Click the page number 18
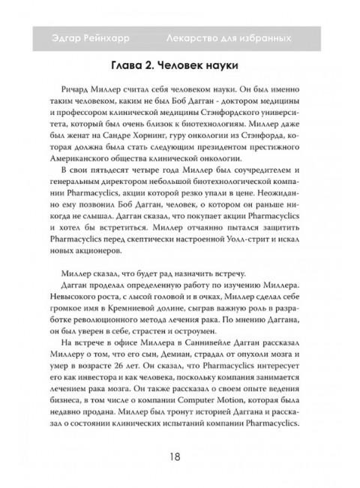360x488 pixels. [180, 457]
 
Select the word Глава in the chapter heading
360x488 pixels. [122, 65]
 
